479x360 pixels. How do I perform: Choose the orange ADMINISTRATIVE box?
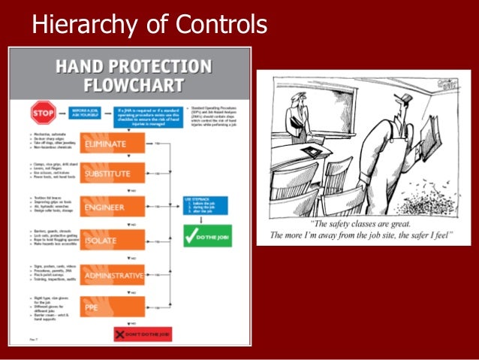112,275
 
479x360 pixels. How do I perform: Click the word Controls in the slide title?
220,25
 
